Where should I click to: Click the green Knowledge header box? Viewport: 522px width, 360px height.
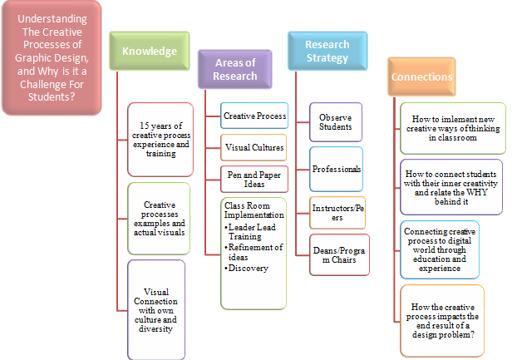150,52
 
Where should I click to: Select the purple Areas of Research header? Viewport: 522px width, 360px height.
234,69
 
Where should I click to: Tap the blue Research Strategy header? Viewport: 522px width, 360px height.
327,50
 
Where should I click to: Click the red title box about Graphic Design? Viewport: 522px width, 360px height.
52,57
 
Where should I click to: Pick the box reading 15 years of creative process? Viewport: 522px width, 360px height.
160,138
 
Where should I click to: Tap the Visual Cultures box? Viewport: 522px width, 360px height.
254,147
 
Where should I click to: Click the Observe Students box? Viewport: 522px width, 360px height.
335,121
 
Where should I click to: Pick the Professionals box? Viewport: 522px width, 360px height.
336,169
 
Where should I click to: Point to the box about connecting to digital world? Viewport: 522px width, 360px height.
440,248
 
